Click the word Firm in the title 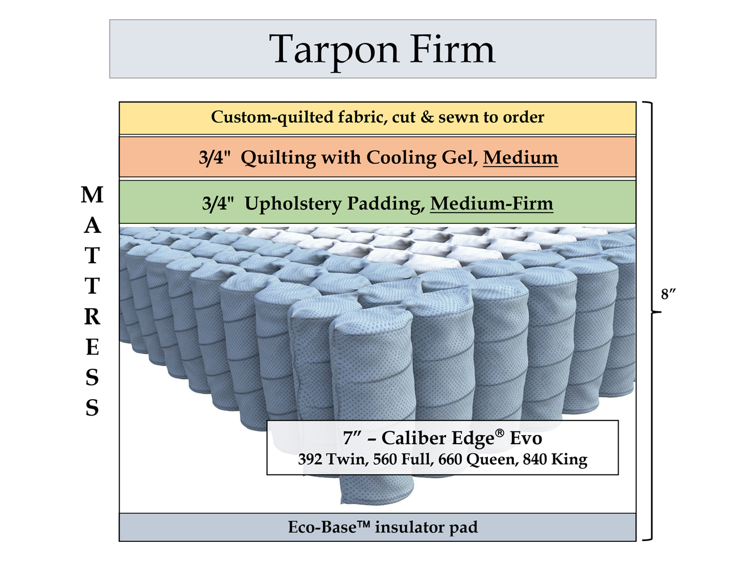(x=452, y=49)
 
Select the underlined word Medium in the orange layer (x=520, y=158)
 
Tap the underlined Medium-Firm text (x=491, y=203)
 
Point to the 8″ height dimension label (x=669, y=295)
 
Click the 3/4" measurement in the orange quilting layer (x=215, y=158)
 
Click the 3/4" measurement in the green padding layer (x=218, y=204)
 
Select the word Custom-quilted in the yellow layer (x=273, y=117)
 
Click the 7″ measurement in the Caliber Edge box (x=353, y=438)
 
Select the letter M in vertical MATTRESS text (x=92, y=195)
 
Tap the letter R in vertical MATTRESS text (x=92, y=317)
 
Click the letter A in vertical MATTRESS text (x=92, y=226)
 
